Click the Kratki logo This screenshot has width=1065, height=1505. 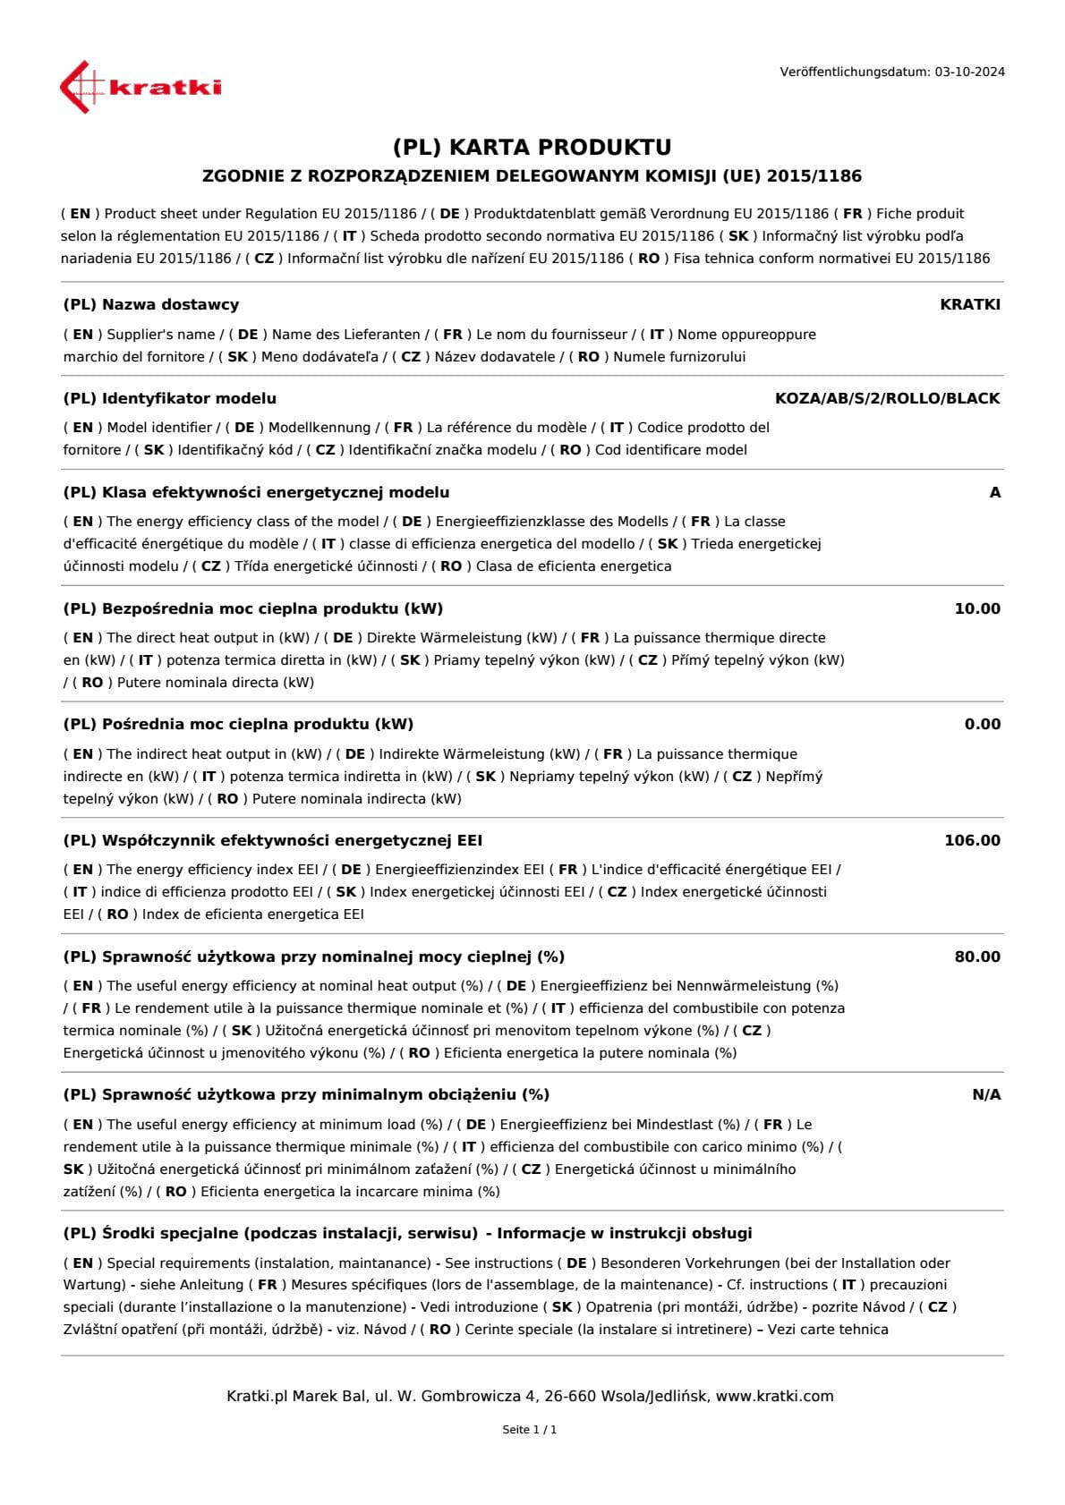[141, 87]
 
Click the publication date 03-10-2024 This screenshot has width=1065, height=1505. [969, 72]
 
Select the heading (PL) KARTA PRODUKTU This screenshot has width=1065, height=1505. [532, 147]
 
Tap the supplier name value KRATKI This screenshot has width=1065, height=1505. [970, 304]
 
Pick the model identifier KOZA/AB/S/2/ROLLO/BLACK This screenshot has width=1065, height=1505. [887, 398]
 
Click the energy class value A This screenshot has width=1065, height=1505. [994, 492]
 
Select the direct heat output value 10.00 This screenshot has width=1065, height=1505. [977, 608]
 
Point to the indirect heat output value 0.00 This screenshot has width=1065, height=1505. [982, 724]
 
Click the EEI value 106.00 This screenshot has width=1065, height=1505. [972, 840]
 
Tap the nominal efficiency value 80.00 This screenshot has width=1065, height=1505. [977, 957]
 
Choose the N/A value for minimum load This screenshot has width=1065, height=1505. [986, 1094]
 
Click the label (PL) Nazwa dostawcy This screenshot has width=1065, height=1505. [151, 304]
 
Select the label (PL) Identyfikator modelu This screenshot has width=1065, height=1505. [170, 398]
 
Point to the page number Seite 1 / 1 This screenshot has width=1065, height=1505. [530, 1430]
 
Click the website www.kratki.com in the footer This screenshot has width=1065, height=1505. [774, 1396]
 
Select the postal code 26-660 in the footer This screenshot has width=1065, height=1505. [569, 1396]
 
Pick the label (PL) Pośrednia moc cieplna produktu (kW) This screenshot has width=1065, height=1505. [238, 724]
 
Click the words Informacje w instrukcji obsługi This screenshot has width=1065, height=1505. [625, 1233]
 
